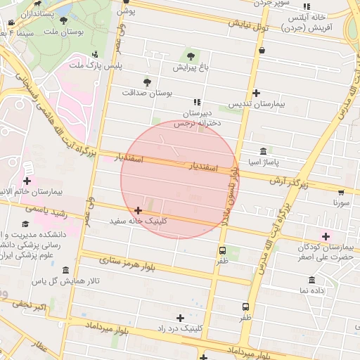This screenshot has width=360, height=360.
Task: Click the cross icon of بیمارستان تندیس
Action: pos(256,93)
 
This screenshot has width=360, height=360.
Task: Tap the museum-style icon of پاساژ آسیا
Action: pos(263,151)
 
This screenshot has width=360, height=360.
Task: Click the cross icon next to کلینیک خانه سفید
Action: pos(138,210)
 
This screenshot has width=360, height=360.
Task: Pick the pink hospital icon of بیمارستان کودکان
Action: pos(325,235)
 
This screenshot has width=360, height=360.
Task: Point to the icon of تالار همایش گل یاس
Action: pos(65,271)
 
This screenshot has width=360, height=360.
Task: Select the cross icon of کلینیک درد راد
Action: pos(181,318)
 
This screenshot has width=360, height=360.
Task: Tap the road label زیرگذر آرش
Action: pos(289,181)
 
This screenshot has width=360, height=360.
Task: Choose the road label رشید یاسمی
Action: pos(46,210)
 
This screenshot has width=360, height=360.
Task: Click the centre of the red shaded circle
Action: pos(179,179)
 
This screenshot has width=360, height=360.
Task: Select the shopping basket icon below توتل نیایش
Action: pos(262,51)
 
